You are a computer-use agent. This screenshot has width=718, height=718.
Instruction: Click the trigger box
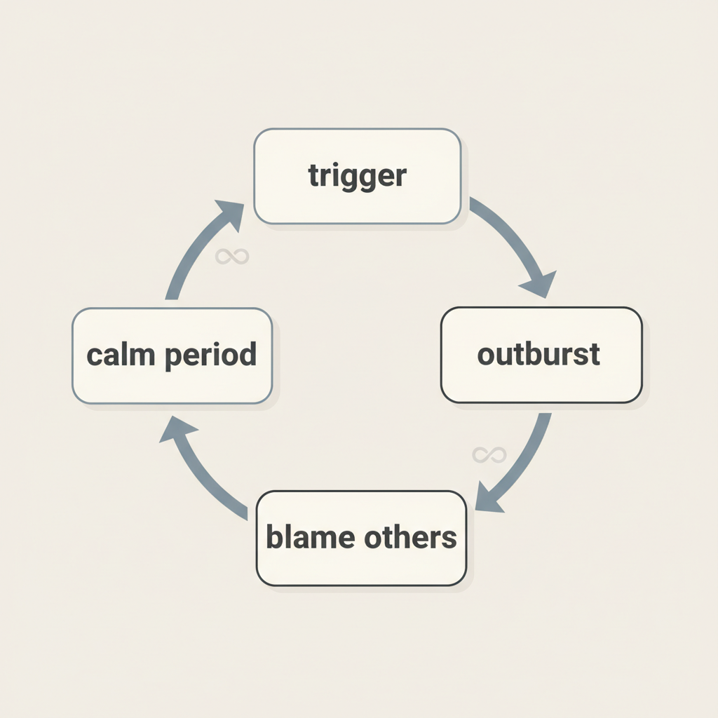point(357,177)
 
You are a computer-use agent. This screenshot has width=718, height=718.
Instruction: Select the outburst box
point(541,355)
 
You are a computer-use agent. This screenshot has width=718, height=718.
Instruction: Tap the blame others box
point(361,538)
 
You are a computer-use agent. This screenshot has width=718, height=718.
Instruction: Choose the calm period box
point(172,355)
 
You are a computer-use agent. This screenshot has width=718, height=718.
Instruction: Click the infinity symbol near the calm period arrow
point(232,257)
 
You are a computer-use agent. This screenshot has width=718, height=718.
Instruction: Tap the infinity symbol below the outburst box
point(489,455)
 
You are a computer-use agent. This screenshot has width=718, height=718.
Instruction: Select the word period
point(211,355)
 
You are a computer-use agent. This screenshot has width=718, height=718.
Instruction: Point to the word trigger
point(357,176)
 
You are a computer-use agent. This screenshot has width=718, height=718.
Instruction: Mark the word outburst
point(538,354)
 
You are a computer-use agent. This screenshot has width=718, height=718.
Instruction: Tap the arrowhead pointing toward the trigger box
point(228,214)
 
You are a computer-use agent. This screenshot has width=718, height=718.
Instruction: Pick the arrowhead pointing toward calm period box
point(175,428)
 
